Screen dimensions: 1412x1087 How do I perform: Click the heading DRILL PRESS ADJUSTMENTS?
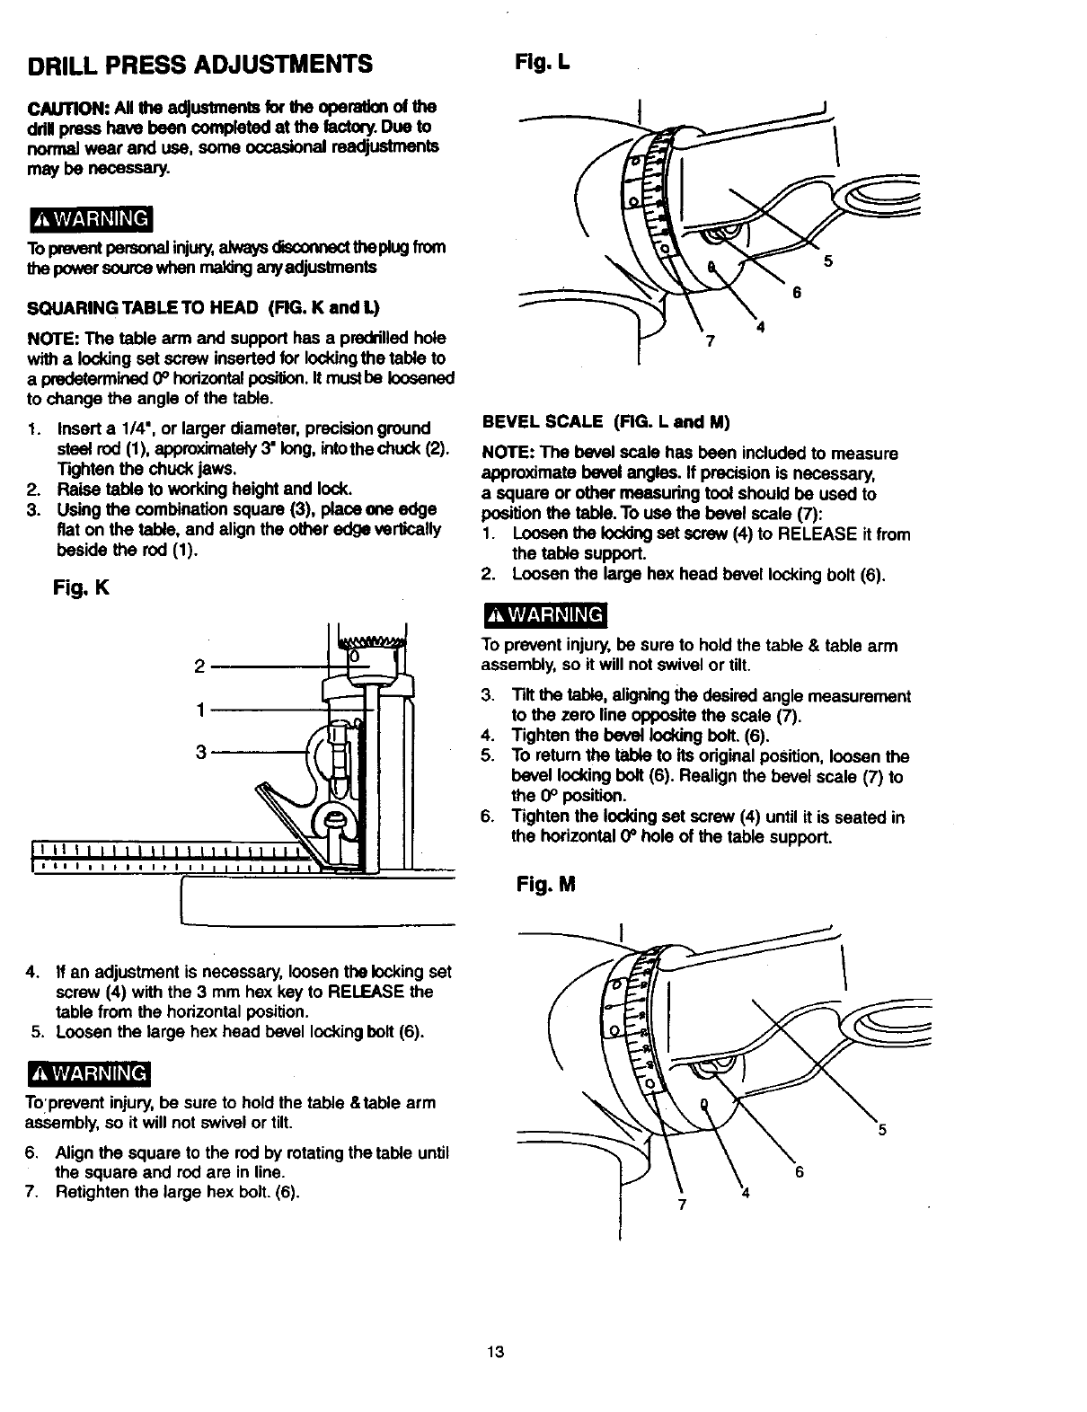tap(200, 65)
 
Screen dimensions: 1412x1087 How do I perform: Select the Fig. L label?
tap(543, 62)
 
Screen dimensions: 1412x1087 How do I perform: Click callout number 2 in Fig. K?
tap(199, 666)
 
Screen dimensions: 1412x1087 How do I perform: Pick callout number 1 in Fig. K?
tap(199, 709)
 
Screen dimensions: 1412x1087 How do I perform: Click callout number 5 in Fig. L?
tap(827, 261)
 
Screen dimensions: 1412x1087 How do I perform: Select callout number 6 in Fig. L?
tap(795, 294)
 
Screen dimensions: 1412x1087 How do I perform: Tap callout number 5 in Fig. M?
tap(882, 1131)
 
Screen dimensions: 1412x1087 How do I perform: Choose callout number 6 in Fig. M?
tap(800, 1172)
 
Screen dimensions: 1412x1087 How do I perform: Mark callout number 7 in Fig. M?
tap(682, 1205)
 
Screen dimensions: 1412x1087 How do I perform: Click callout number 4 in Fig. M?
tap(745, 1194)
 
